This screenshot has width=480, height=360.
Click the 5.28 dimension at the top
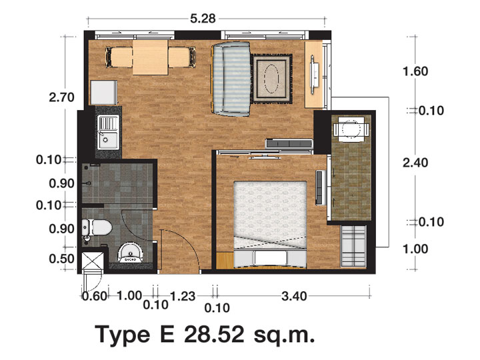point(203,19)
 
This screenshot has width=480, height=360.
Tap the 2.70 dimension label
point(61,97)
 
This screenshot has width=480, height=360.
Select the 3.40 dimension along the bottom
point(294,296)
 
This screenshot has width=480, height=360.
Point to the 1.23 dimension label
point(182,296)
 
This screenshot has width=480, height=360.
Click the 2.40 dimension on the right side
point(415,163)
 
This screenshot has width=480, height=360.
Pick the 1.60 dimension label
point(415,71)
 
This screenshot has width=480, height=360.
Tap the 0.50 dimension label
point(61,259)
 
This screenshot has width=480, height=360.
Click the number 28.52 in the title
point(214,334)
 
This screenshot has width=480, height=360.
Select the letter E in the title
point(167,334)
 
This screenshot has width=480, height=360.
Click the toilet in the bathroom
point(97,227)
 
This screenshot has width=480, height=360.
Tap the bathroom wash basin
point(131,253)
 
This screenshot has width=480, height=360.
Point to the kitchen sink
point(108,132)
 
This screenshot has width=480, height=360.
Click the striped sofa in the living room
point(231,79)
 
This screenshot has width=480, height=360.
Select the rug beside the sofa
point(271,79)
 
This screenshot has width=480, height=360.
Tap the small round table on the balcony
point(351,129)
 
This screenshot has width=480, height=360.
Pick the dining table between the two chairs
point(150,57)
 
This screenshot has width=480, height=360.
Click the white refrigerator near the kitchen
point(104,93)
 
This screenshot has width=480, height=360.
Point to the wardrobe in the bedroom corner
point(353,246)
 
